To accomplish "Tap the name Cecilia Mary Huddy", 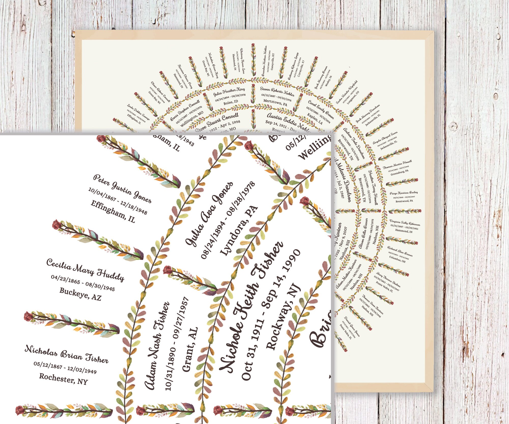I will [85, 270].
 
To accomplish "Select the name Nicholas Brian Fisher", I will [66, 354].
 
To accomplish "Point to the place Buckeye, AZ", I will [80, 294].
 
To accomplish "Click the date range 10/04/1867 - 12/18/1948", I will [118, 201].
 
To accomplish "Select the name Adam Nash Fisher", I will [157, 346].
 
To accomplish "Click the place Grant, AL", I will [190, 349].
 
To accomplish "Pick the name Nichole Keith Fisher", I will [251, 308].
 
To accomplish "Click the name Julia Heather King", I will [229, 92].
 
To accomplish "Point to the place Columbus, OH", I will [397, 259].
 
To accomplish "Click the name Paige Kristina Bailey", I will [404, 193].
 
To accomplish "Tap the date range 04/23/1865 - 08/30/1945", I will [83, 283].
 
